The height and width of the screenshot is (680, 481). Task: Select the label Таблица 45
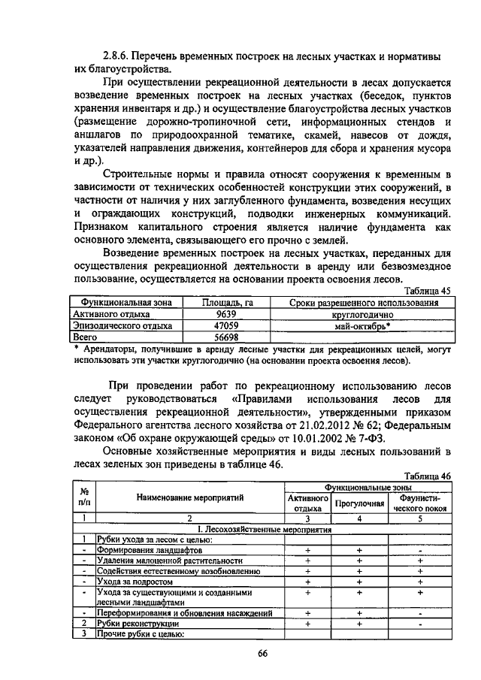pyautogui.click(x=428, y=292)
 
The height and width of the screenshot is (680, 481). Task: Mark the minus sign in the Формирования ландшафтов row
pyautogui.click(x=420, y=550)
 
